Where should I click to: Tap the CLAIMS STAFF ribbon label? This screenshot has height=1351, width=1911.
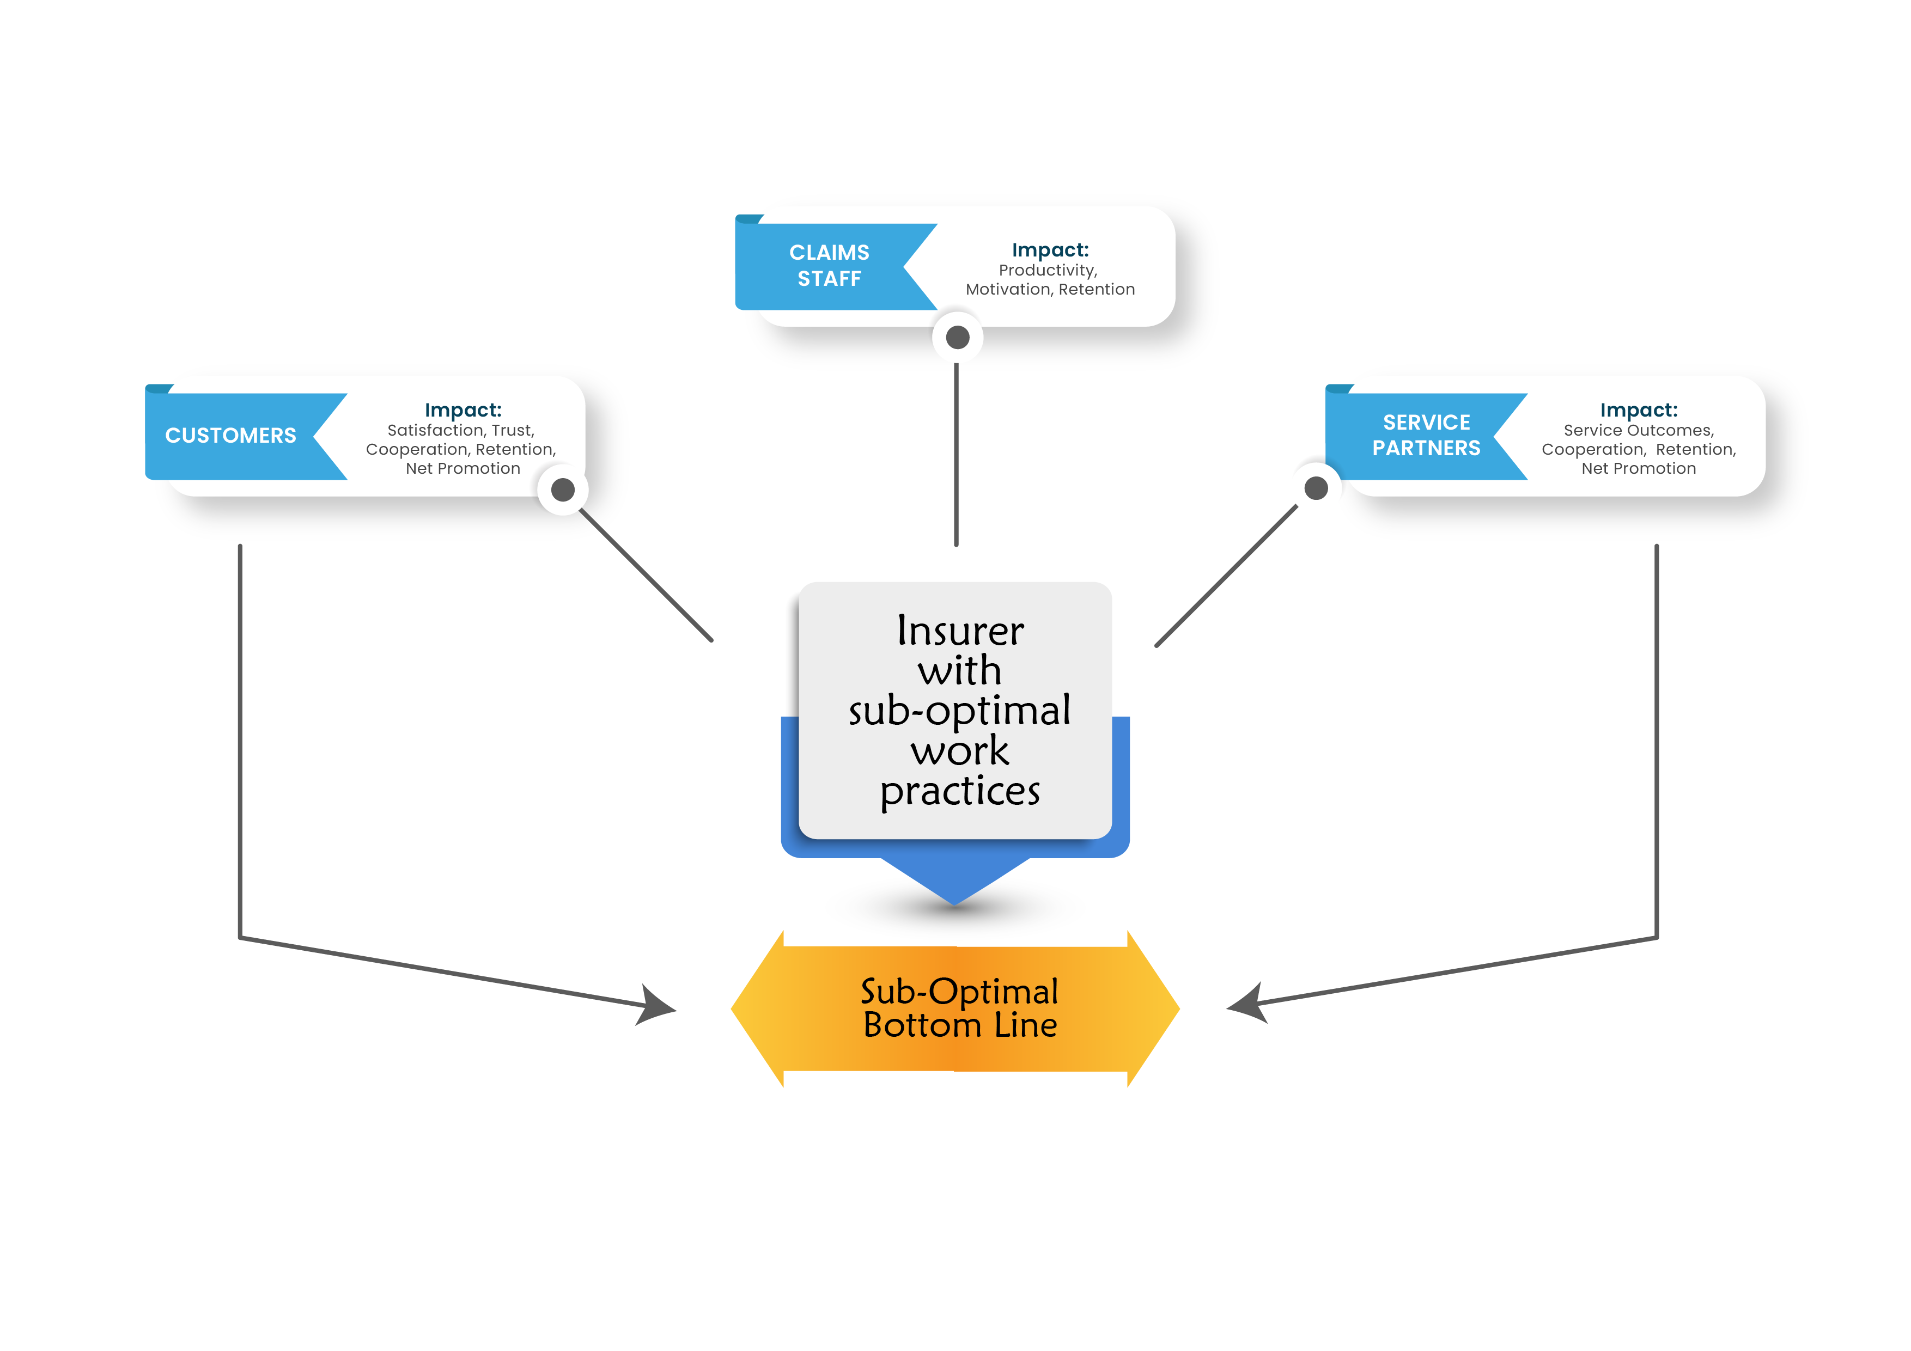point(829,265)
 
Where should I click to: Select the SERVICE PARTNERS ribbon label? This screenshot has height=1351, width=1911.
point(1426,435)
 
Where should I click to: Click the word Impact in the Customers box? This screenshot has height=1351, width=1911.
point(462,410)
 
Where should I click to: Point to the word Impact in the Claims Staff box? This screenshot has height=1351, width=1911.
point(1050,250)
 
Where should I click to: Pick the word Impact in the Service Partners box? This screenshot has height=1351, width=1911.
point(1638,410)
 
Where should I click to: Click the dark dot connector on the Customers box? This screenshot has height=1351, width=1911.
point(563,490)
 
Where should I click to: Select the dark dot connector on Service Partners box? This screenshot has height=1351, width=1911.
point(1316,488)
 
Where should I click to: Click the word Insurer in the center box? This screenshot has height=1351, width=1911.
point(960,632)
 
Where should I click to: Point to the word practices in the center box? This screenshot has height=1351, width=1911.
point(960,791)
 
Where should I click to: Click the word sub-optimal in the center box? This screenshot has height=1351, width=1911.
point(960,711)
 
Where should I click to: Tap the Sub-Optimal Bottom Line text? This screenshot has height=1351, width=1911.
point(960,1008)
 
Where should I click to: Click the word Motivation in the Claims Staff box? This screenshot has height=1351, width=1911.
point(1008,290)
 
